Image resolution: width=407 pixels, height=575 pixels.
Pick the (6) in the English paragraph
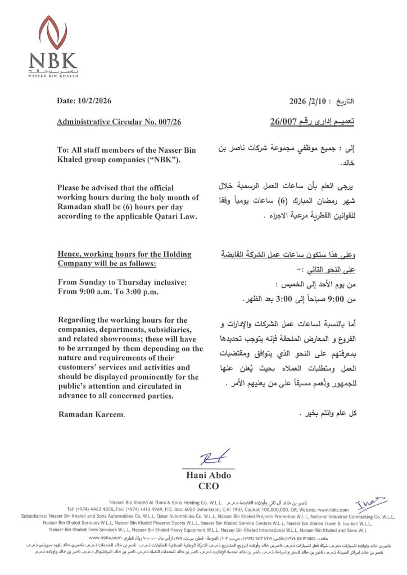pos(130,208)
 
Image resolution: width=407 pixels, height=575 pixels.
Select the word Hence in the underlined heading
pos(70,254)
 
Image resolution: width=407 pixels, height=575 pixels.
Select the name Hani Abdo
pos(208,476)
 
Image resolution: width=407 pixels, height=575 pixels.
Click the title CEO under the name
pos(209,486)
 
